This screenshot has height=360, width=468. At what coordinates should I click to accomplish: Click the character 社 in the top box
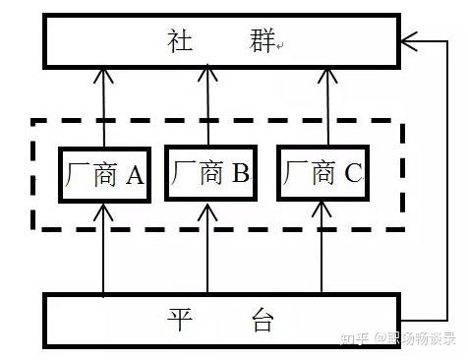(180, 40)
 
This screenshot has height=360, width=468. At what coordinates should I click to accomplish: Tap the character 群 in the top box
(262, 40)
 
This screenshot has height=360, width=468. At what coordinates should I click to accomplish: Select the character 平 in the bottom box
(180, 320)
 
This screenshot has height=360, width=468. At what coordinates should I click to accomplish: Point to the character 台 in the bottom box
(263, 320)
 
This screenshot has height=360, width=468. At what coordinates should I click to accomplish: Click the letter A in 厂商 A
(135, 175)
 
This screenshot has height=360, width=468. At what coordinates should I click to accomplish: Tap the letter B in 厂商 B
(240, 173)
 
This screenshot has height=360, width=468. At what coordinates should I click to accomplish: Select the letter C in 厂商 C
(353, 173)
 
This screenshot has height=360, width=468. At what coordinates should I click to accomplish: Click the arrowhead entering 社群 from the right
(409, 41)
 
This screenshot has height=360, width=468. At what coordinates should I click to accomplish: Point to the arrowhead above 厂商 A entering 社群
(103, 75)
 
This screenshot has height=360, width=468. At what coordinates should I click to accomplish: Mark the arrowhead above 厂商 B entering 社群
(207, 73)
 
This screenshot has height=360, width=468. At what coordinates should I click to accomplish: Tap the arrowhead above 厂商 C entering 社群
(327, 75)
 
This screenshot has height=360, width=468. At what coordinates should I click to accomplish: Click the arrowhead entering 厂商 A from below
(103, 212)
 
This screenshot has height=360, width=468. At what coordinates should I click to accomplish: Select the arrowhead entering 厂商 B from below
(207, 211)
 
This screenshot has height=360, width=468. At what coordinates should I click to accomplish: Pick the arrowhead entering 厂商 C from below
(322, 210)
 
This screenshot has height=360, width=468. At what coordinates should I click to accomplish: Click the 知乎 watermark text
(355, 338)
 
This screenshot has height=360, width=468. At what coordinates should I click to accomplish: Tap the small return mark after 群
(279, 46)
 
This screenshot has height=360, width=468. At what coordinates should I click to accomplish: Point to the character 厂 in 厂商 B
(183, 173)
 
